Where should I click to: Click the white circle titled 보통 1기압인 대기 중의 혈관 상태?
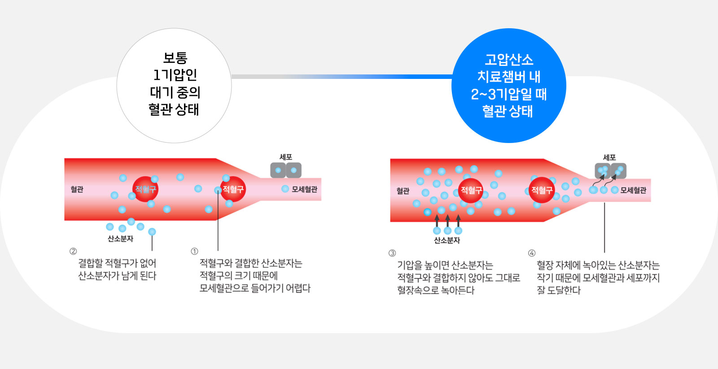tap(174, 86)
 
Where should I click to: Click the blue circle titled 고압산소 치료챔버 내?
tap(508, 86)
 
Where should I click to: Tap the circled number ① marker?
tap(194, 251)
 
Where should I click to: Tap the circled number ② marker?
tap(73, 251)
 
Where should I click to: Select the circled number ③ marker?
tap(392, 253)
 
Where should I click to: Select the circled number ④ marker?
tap(532, 253)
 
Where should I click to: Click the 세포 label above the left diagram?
tap(286, 157)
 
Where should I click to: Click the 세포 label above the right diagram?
tap(609, 157)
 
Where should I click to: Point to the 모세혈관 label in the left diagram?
tap(304, 189)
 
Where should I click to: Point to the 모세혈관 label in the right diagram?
tap(633, 190)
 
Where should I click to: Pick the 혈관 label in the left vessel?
tap(77, 189)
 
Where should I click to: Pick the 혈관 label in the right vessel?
tap(403, 191)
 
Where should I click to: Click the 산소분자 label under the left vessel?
tap(120, 239)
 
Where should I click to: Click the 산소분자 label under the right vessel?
tap(447, 240)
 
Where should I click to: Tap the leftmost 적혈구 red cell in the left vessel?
tap(145, 189)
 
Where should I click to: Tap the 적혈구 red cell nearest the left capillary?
tap(233, 189)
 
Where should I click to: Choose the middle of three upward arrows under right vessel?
tap(447, 221)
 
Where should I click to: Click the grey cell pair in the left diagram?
tap(286, 170)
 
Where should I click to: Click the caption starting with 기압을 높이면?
tap(458, 278)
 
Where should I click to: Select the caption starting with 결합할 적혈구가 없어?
tap(117, 269)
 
